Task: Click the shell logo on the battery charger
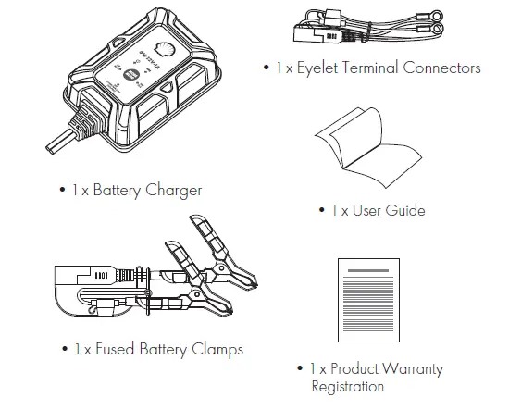click(x=164, y=47)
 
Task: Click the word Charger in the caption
click(x=173, y=191)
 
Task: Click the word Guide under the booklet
click(x=405, y=211)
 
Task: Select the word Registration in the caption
click(x=348, y=387)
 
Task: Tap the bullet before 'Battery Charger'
click(x=62, y=191)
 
